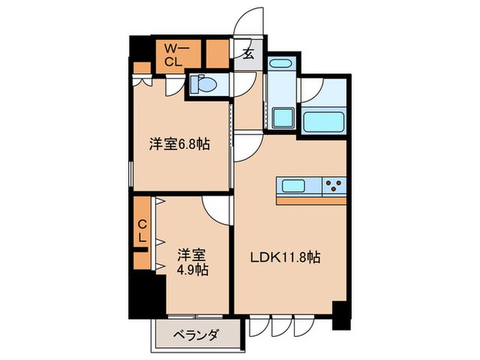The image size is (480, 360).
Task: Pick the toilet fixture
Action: click(203, 84)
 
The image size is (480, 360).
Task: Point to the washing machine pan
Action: click(283, 117)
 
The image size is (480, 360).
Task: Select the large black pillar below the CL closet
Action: click(145, 291)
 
